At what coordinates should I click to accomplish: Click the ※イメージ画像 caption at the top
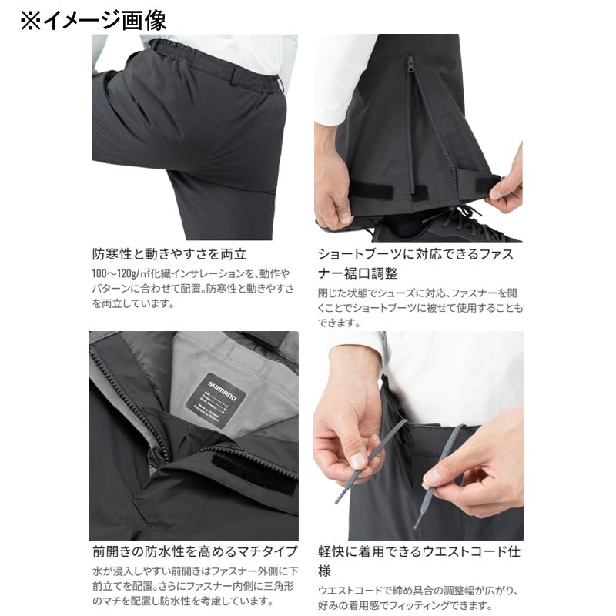pos(93,18)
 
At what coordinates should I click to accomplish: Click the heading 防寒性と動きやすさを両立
pos(169,254)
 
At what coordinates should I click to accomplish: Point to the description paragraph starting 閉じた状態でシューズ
pos(420,307)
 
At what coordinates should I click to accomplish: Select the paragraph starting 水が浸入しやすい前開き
pos(192,589)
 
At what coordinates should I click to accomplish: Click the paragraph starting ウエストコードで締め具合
pos(420,597)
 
